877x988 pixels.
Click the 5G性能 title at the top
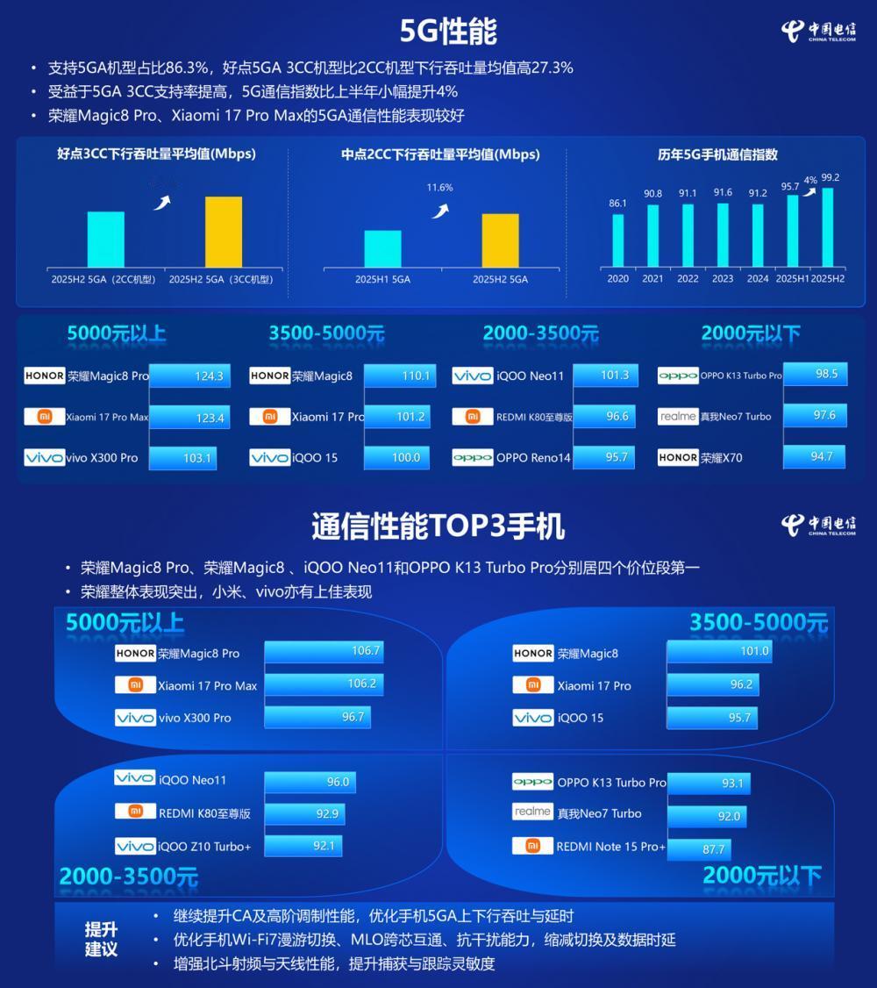tap(448, 31)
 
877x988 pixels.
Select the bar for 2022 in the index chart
tap(688, 235)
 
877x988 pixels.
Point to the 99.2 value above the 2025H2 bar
tap(831, 178)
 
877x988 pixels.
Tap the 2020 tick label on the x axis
tap(617, 279)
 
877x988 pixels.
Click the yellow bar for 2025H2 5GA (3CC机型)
tap(223, 232)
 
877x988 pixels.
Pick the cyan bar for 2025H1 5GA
tap(382, 248)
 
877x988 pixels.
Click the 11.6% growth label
tap(439, 188)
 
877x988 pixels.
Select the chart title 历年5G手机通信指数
tap(717, 154)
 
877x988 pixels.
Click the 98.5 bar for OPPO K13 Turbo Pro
tap(815, 374)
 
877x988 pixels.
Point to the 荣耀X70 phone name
tap(721, 457)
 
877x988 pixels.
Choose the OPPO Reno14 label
tap(532, 457)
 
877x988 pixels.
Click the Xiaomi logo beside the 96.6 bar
tap(472, 417)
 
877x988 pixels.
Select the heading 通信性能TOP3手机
tap(438, 526)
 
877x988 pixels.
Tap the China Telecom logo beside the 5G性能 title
tap(817, 32)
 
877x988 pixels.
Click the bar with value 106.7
tap(323, 651)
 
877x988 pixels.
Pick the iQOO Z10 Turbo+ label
tap(204, 847)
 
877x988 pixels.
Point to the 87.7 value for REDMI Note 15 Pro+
tap(713, 849)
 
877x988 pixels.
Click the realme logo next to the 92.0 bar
tap(532, 813)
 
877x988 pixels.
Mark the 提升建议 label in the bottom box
tap(101, 939)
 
